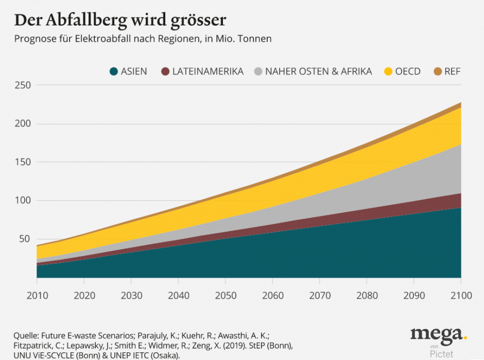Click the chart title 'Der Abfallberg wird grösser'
(120, 20)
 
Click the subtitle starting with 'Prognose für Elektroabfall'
(143, 39)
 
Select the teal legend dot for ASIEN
(113, 72)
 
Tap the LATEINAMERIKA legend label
(208, 72)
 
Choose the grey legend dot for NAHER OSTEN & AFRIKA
(257, 72)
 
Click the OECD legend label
(408, 72)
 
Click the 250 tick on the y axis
(23, 85)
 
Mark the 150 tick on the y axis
(23, 162)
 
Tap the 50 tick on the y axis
(25, 239)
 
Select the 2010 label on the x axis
(37, 295)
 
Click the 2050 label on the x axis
(225, 295)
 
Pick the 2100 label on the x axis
(460, 295)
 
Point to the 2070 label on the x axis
(319, 295)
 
